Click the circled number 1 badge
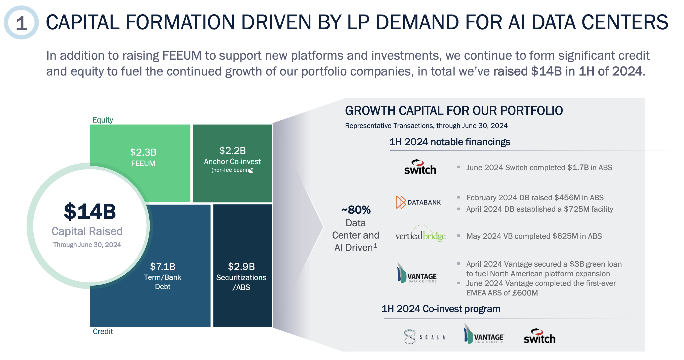tap(21, 23)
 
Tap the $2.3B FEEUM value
tap(143, 152)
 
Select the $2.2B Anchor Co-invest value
tap(232, 150)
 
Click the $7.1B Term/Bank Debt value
tap(163, 266)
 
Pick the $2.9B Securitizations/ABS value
tap(241, 266)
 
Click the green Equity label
tap(103, 120)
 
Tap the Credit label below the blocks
tap(103, 332)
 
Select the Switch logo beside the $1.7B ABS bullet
tap(420, 167)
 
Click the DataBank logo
tap(418, 202)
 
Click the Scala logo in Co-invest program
tap(424, 337)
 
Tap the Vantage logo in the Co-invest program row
tap(484, 335)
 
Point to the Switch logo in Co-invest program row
tap(539, 336)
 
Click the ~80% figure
tap(356, 210)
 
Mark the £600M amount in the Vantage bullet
tap(525, 293)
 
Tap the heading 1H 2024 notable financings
tap(450, 142)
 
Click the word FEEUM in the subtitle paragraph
tap(182, 56)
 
